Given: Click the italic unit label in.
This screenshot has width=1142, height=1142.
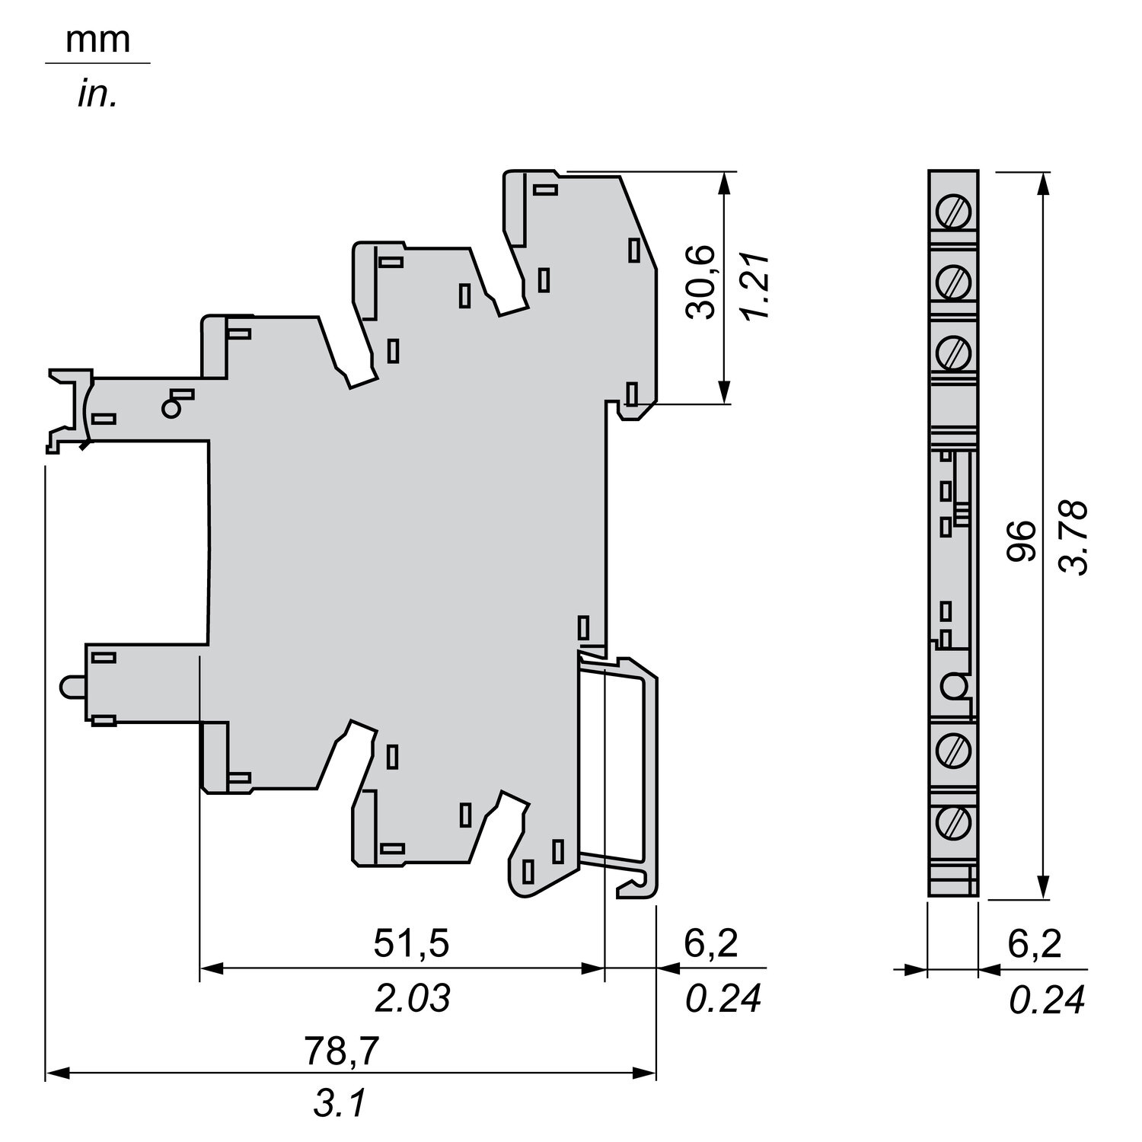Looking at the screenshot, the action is (97, 97).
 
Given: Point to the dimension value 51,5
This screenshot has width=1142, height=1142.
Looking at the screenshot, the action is (412, 944).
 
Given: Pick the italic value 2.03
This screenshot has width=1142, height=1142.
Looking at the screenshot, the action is (413, 998).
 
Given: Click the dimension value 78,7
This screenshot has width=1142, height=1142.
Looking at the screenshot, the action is (342, 1052).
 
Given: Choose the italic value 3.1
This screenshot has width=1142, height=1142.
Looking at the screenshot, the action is (340, 1104).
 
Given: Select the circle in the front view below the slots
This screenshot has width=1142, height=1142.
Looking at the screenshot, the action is (952, 687).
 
